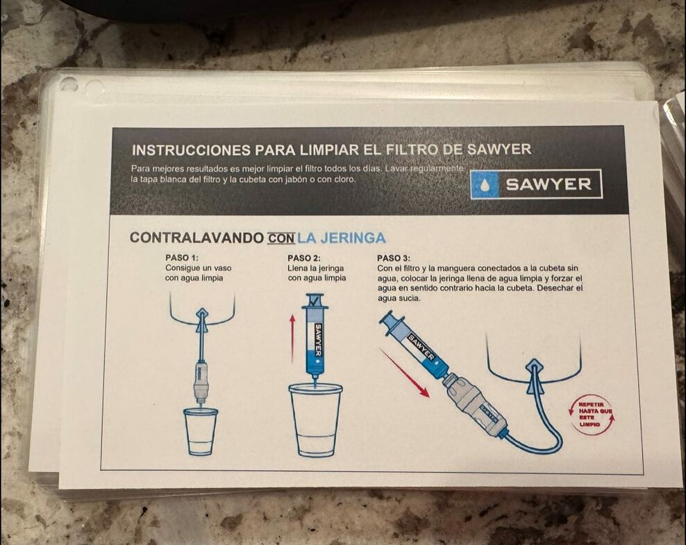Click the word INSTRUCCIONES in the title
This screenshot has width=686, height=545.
[x=191, y=150]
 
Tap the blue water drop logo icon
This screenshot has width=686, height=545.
[x=485, y=184]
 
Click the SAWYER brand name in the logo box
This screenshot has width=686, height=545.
[x=549, y=184]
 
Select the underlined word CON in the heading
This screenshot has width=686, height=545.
[x=281, y=238]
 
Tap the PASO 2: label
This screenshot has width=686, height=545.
[x=304, y=259]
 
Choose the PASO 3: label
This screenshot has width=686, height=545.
[x=394, y=259]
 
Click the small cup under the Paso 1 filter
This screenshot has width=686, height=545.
[x=201, y=432]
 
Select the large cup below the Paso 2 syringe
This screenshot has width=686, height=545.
[x=315, y=421]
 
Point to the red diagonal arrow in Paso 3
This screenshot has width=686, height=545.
[x=404, y=373]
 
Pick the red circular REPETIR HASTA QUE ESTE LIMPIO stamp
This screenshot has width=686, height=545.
[x=592, y=414]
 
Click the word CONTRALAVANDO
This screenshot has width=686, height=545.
[x=197, y=238]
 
